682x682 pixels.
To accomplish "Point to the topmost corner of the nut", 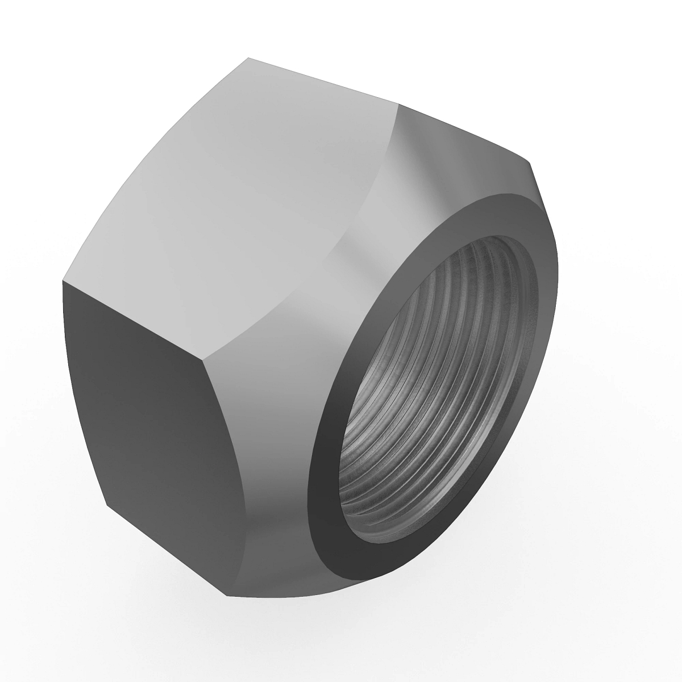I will click(x=248, y=57).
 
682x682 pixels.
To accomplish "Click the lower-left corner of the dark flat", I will click(x=107, y=505).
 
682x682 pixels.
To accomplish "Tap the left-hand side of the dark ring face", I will click(x=327, y=432).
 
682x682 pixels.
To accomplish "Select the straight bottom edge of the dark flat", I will click(x=165, y=548).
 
